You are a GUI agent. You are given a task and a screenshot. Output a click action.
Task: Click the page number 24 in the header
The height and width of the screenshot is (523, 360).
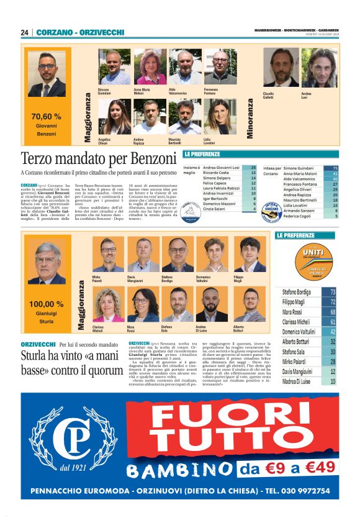tap(25, 32)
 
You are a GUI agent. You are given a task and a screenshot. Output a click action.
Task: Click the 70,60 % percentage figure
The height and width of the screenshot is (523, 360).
tap(47, 116)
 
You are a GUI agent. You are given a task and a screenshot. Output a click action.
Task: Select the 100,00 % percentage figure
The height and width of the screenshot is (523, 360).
tap(47, 304)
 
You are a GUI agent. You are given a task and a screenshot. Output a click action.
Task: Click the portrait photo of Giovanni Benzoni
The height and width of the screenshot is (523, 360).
tap(47, 75)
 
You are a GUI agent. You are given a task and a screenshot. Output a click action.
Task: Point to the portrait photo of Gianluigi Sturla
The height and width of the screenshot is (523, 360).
tap(47, 261)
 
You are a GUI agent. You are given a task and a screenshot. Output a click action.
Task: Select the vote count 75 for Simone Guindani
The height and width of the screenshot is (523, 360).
tap(335, 168)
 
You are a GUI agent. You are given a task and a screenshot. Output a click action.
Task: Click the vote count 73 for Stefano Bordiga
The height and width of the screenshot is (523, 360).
tap(333, 291)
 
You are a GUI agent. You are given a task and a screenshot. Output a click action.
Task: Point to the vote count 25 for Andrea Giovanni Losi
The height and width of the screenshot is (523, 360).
tap(253, 168)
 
